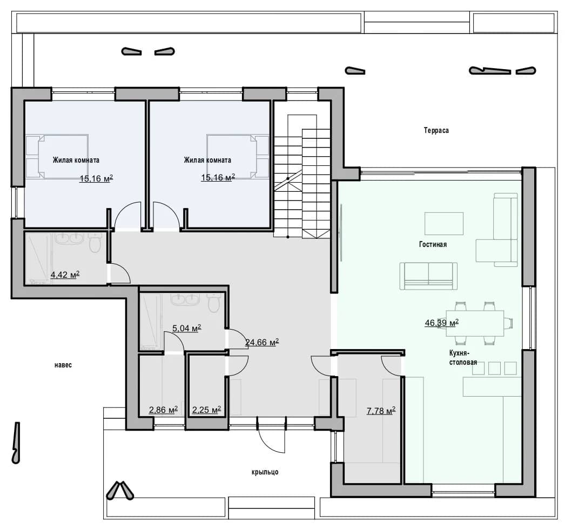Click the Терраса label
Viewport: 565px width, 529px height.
436,130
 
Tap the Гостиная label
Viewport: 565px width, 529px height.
433,244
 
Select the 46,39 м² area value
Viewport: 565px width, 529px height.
441,323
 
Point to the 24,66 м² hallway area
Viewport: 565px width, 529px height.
262,342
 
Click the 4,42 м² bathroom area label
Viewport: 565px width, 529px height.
65,275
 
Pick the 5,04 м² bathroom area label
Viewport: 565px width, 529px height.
186,329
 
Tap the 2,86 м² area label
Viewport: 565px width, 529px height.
163,410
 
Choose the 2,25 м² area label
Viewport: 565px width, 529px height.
206,410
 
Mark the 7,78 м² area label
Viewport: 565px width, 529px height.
381,411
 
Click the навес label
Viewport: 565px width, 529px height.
63,365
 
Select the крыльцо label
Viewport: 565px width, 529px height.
265,472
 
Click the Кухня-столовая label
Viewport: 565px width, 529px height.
463,358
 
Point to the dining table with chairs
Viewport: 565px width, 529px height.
475,323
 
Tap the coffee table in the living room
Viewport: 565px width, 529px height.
444,223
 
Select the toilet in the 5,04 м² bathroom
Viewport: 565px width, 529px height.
214,303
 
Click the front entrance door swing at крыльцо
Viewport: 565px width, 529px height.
271,434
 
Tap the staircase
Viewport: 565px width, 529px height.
301,176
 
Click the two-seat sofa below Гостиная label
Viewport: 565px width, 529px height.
428,276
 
